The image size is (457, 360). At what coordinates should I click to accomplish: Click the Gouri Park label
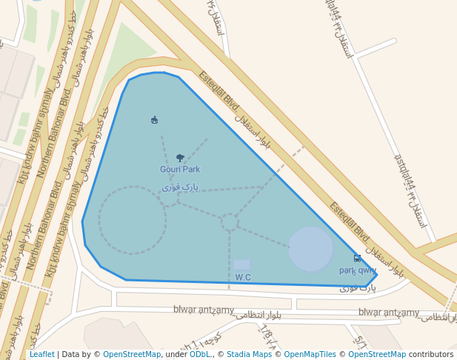(x=180, y=170)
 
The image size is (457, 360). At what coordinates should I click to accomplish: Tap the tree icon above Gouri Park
(x=180, y=158)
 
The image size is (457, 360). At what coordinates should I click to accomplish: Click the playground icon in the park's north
(x=154, y=120)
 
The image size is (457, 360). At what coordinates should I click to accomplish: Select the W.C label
(x=243, y=277)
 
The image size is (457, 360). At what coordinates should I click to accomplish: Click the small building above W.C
(x=242, y=264)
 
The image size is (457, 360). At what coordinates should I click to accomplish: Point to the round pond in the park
(x=310, y=249)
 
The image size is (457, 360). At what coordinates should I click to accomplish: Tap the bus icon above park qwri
(x=358, y=259)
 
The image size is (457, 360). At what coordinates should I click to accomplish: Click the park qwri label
(x=357, y=270)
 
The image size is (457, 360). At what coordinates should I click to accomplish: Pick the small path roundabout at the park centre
(x=230, y=221)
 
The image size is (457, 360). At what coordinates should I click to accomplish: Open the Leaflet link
(x=41, y=354)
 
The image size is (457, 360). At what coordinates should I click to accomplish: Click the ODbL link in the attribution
(x=200, y=354)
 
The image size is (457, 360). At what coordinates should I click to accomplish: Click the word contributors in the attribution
(x=431, y=354)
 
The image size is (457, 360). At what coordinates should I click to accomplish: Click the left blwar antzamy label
(x=203, y=310)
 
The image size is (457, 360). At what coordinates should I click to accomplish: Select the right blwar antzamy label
(x=388, y=312)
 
